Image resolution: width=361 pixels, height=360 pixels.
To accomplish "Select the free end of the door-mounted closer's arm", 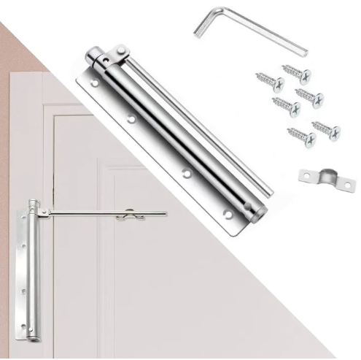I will [165, 215].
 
